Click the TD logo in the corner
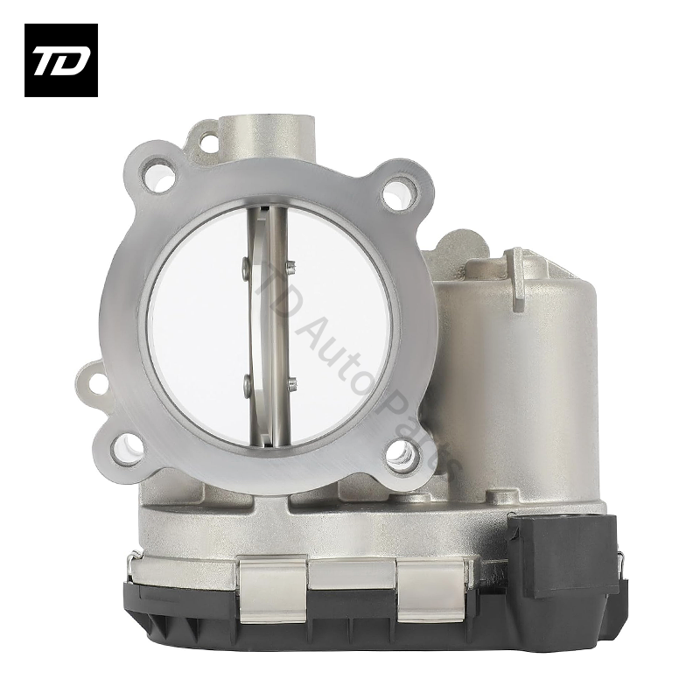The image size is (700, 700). [x=60, y=60]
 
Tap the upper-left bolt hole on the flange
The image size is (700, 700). [x=161, y=179]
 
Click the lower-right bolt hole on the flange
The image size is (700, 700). [x=402, y=452]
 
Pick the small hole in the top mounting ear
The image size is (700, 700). [x=208, y=138]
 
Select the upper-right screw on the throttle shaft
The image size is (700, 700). [x=291, y=267]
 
